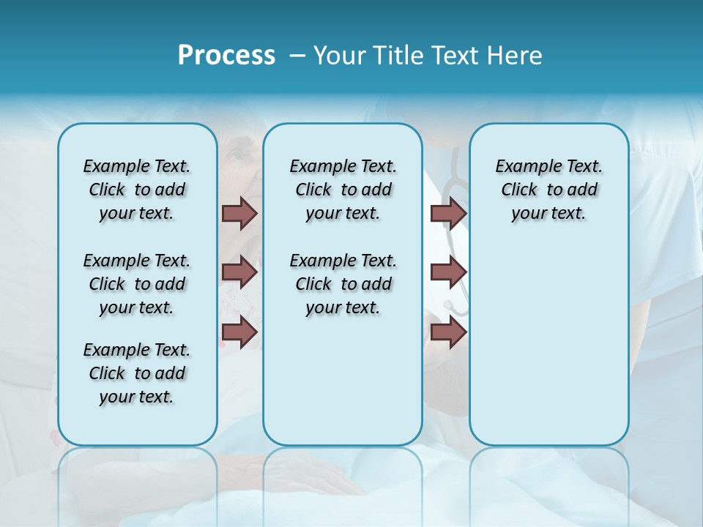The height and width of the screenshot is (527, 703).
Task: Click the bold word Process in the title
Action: pos(226,56)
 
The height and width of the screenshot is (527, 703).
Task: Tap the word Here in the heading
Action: pos(516,56)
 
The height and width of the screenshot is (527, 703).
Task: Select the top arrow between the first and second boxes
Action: pos(239,213)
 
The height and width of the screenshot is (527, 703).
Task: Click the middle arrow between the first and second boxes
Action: pos(239,272)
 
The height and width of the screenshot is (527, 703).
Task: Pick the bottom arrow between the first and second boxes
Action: pos(239,332)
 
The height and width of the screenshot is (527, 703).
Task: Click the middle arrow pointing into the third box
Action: pos(448,272)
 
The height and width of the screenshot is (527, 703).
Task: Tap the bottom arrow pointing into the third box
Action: pos(448,332)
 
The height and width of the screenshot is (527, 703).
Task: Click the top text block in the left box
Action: pos(137,190)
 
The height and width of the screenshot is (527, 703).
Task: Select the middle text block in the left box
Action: pos(137,284)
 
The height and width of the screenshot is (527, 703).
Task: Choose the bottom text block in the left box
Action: pos(137,373)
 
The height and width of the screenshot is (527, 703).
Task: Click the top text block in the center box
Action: pos(343,190)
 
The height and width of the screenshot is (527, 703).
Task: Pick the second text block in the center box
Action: pos(343,284)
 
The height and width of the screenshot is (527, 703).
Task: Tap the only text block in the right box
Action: pos(548,190)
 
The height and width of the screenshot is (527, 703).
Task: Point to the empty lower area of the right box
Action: pos(548,351)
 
